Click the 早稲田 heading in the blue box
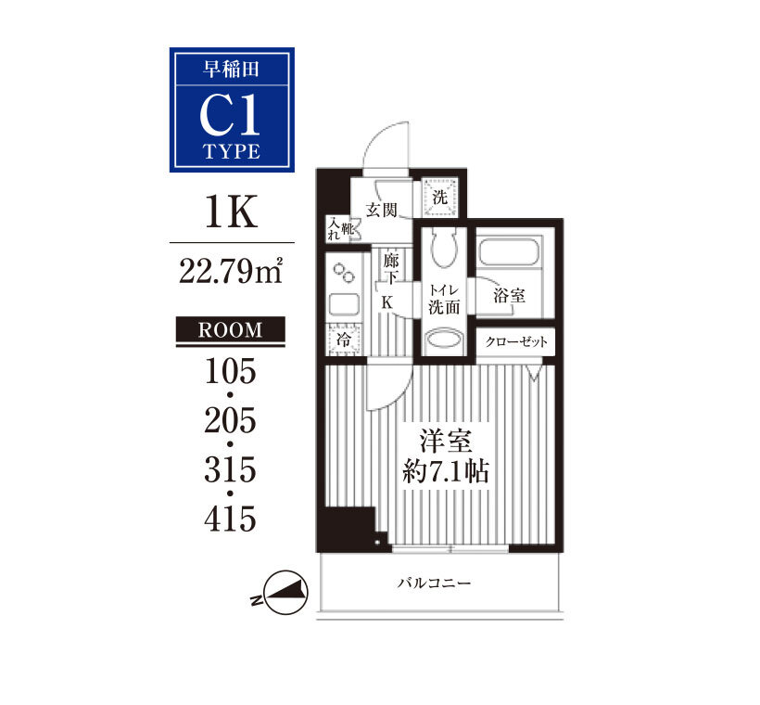pos(231,69)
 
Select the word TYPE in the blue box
pos(232,151)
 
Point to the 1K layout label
pos(231,211)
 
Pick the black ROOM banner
pos(230,330)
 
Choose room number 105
pos(230,371)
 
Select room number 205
pos(230,420)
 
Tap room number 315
pos(230,469)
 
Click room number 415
pos(230,519)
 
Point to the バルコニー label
pos(435,583)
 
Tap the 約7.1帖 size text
pos(446,470)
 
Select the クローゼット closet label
pos(516,341)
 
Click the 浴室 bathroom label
pos(510,296)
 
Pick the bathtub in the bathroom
pos(509,250)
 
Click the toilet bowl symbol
pos(444,248)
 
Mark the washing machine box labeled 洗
pos(440,197)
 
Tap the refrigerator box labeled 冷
pos(344,340)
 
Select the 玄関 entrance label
pos(382,210)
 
